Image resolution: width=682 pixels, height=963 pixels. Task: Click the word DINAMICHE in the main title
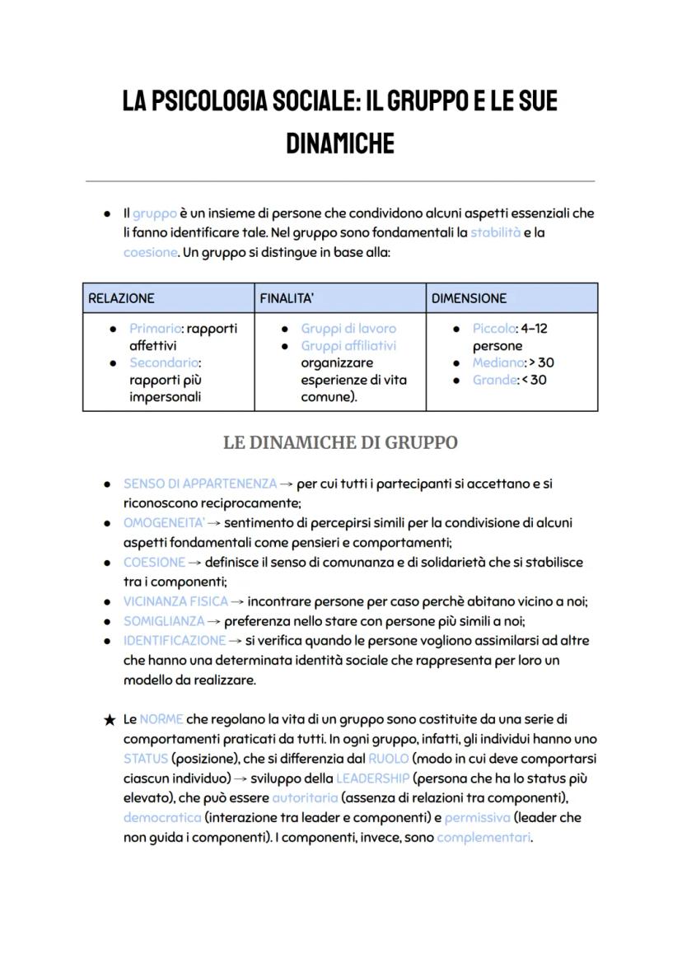coord(340,143)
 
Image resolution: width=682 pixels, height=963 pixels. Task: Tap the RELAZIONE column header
coord(121,298)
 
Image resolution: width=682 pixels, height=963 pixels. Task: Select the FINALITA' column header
coord(287,298)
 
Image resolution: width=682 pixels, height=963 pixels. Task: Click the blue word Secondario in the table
coord(165,363)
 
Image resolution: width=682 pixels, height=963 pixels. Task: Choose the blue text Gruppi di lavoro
coord(348,329)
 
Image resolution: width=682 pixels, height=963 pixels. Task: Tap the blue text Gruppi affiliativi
coord(348,346)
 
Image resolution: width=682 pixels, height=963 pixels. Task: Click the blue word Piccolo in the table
coord(493,329)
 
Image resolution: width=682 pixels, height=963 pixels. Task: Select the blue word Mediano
coord(498,363)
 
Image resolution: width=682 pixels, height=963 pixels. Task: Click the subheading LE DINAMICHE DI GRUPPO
coord(340,442)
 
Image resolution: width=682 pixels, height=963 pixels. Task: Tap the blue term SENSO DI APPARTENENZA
coord(200,484)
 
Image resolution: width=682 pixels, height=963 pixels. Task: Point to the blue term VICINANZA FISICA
coord(175,602)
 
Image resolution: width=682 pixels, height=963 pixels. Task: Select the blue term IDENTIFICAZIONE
coord(175,641)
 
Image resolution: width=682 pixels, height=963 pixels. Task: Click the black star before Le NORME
coord(110,720)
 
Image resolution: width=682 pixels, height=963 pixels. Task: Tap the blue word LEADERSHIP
coord(372,778)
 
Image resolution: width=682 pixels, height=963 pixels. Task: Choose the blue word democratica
coord(162,818)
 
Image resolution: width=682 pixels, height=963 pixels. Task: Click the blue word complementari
coord(483,838)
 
